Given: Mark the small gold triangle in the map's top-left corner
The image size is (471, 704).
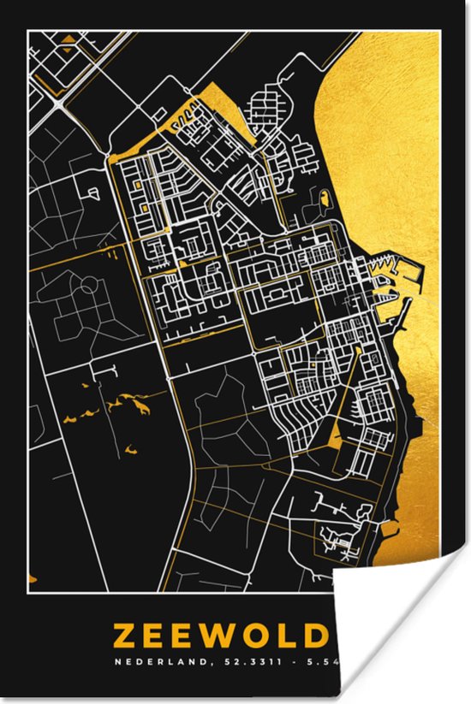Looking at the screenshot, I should click(67, 38).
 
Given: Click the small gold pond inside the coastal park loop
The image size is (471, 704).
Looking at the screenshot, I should click(325, 199).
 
